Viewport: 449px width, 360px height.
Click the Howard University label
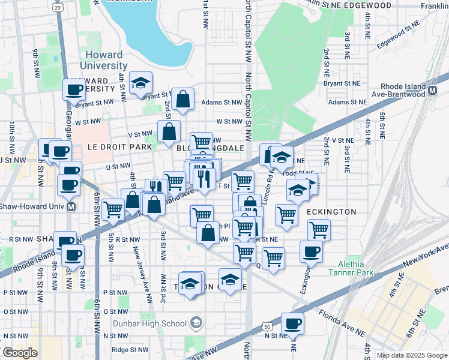click(106, 60)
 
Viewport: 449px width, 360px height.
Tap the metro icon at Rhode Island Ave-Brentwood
click(432, 91)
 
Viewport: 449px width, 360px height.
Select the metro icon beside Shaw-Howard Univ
click(71, 206)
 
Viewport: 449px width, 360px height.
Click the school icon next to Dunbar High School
click(196, 324)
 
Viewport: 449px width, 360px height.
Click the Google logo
click(20, 353)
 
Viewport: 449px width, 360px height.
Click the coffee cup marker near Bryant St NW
click(74, 90)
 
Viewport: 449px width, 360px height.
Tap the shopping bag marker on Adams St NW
click(182, 100)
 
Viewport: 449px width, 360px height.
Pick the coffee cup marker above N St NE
click(292, 324)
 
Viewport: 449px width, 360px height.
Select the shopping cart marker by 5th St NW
click(113, 210)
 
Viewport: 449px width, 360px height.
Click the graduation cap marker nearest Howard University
click(141, 83)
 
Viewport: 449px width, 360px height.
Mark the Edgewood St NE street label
click(397, 35)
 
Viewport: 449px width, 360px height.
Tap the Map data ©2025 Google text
click(411, 355)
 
